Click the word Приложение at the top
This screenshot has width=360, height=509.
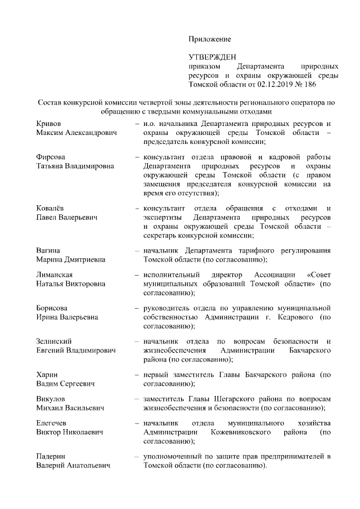click(209, 39)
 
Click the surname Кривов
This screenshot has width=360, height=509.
click(48, 123)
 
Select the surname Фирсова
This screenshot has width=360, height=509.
click(51, 157)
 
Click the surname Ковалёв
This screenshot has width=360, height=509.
click(51, 209)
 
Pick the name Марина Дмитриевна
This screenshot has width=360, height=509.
click(70, 260)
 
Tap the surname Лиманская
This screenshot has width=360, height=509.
click(55, 274)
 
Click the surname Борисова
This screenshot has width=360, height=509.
click(52, 308)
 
